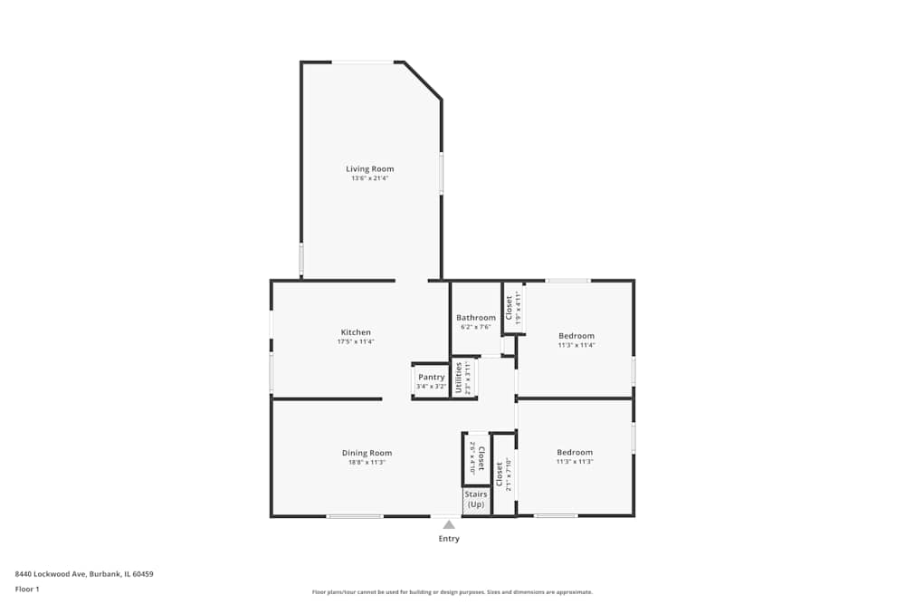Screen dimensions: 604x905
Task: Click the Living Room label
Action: [x=369, y=168]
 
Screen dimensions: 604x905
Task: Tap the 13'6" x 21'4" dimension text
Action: [x=369, y=178]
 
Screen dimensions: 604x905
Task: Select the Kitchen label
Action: [x=356, y=332]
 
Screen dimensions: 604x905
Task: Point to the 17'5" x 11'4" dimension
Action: [x=356, y=342]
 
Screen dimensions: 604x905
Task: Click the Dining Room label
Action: [x=367, y=453]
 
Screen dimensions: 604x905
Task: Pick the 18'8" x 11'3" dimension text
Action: [x=367, y=463]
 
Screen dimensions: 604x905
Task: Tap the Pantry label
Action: [x=431, y=377]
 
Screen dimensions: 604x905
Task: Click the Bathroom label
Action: [x=476, y=318]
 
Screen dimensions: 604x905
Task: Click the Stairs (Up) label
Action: [x=476, y=499]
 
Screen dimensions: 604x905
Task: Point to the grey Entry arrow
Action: [x=449, y=524]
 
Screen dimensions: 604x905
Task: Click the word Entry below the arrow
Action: [x=449, y=539]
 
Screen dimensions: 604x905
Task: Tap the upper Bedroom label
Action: [x=576, y=335]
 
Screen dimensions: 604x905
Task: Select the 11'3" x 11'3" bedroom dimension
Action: [x=575, y=462]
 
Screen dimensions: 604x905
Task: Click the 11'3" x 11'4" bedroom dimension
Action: [x=576, y=345]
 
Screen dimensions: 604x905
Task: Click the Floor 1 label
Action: [x=27, y=589]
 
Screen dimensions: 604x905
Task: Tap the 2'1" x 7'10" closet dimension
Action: [x=510, y=474]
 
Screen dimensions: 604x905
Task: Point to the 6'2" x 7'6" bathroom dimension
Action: [x=476, y=328]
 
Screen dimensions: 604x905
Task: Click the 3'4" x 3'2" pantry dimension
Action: [x=431, y=387]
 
